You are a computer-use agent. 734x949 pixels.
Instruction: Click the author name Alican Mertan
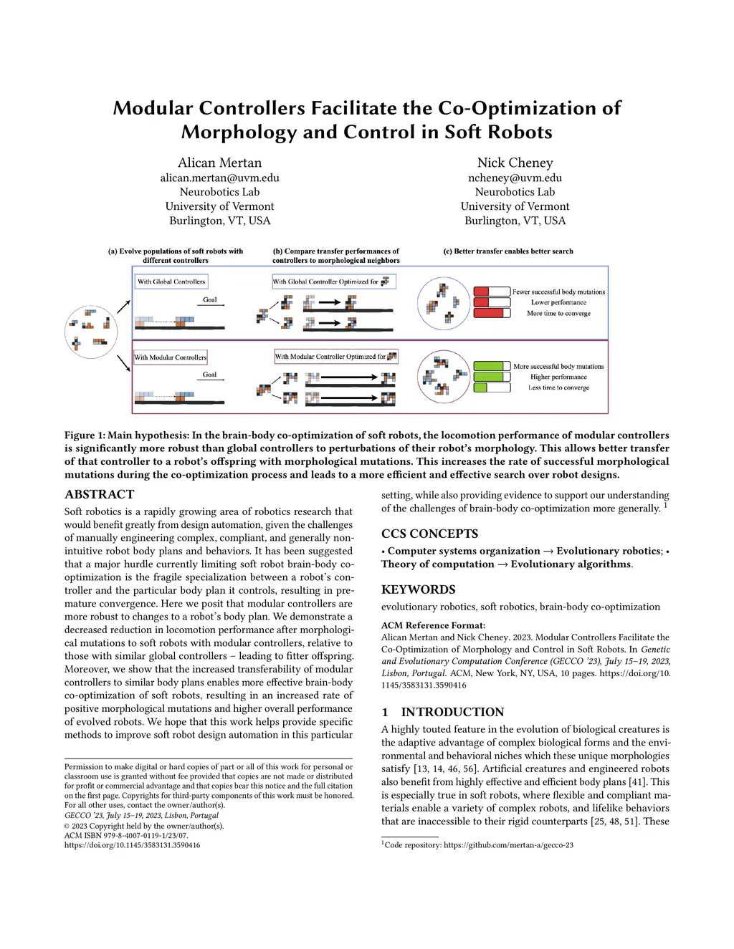click(x=219, y=163)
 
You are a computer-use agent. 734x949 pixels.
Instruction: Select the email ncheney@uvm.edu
click(x=515, y=178)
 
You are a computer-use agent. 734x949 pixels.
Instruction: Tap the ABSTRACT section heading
click(x=99, y=494)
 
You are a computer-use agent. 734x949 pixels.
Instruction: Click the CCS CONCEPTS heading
click(x=429, y=534)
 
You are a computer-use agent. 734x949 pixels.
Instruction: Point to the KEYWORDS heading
click(x=418, y=589)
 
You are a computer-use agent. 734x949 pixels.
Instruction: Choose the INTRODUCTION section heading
click(x=452, y=712)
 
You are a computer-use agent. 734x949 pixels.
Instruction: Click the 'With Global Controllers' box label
click(x=171, y=281)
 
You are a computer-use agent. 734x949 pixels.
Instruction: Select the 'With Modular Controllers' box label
click(x=171, y=357)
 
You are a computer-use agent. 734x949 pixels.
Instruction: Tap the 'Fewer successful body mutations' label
click(x=558, y=292)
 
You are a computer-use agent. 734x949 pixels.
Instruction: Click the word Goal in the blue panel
click(x=210, y=300)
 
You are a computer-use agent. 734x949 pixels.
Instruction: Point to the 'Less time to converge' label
click(x=558, y=387)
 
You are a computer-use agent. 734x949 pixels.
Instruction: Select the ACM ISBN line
click(x=126, y=835)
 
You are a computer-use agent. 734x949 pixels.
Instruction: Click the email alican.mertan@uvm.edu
click(x=219, y=178)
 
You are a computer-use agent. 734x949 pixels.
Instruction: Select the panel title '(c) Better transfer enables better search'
click(x=508, y=251)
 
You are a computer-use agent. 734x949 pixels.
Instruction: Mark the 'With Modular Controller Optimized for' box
click(x=335, y=357)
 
